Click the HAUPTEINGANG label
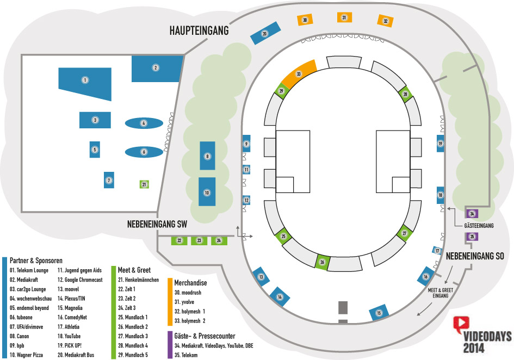pos(199,30)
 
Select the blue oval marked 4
pos(144,123)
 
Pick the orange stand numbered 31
pos(344,17)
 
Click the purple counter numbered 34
pos(472,214)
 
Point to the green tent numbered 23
pos(199,241)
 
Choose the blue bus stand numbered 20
pos(265,33)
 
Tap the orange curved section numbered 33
pos(299,73)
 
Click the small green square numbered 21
pos(144,184)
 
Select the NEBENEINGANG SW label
pos(157,224)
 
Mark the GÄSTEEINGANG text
pos(479,226)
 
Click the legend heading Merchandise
pos(190,283)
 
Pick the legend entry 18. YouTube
pos(69,336)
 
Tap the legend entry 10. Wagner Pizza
pos(26,355)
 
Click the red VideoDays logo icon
pos(461,324)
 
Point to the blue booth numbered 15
pos(379,313)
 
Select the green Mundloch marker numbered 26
pos(323,262)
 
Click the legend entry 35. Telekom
pos(186,355)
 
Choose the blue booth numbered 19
pos(440,143)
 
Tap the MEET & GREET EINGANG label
pos(440,293)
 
